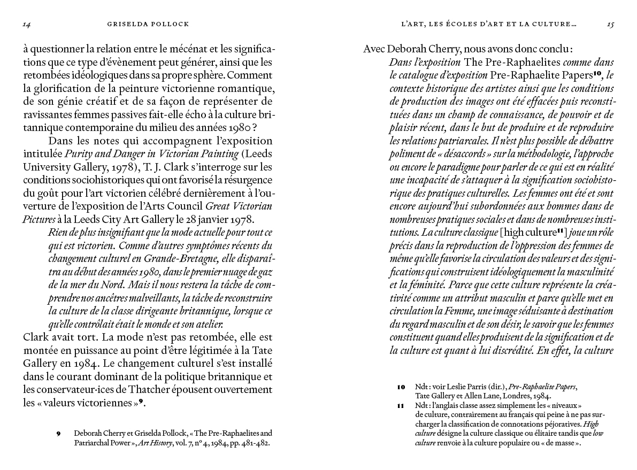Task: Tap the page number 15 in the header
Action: [610, 24]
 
